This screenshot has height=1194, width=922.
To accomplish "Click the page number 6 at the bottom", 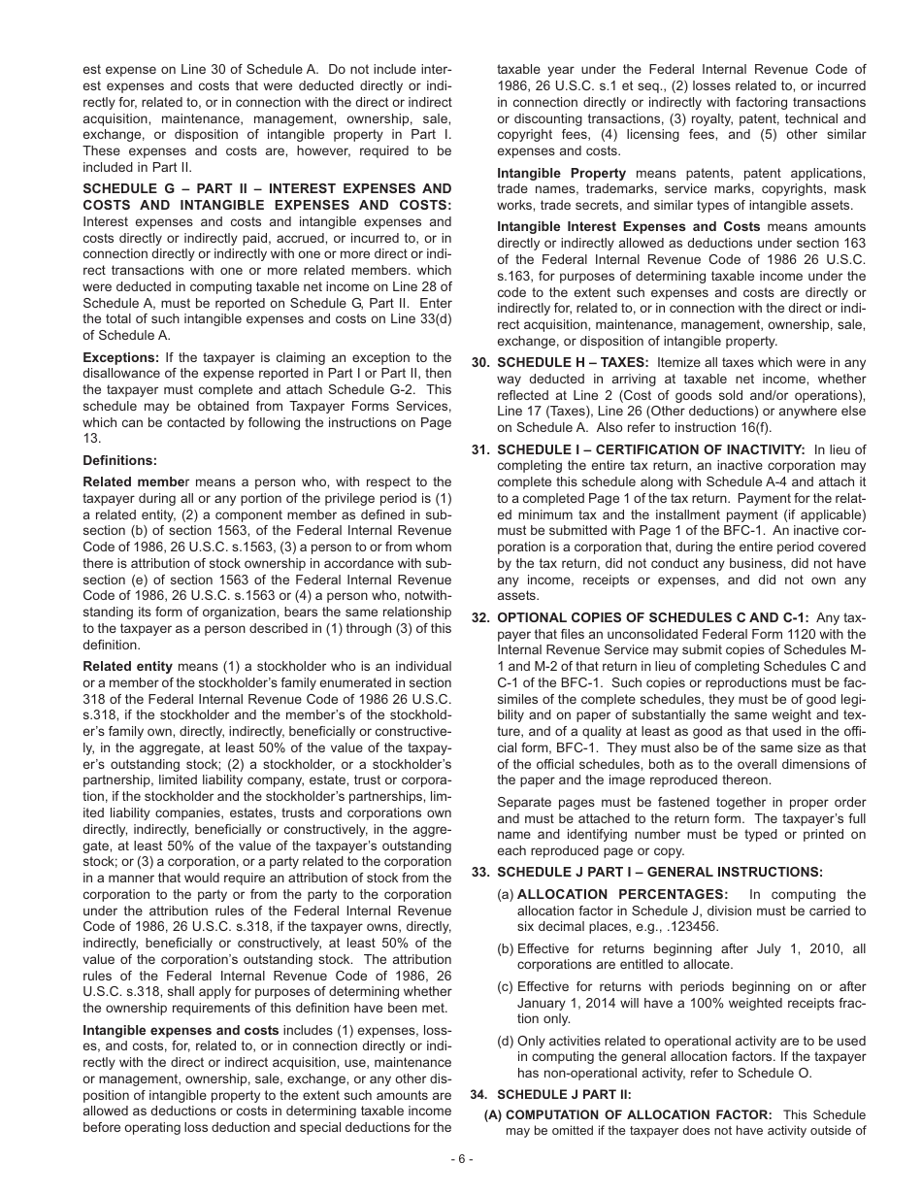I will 461,1159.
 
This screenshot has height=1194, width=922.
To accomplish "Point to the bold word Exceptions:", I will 120,357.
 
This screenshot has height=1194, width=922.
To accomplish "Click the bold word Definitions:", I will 119,460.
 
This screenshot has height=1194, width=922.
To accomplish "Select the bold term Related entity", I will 128,666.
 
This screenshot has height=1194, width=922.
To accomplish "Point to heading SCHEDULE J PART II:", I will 564,1094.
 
